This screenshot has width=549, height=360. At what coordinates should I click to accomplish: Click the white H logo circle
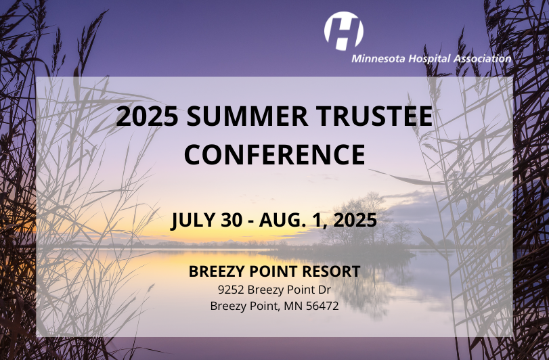click(x=343, y=30)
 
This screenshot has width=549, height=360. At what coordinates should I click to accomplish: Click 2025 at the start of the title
click(x=147, y=116)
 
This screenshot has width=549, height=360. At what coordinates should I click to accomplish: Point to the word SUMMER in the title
click(x=247, y=116)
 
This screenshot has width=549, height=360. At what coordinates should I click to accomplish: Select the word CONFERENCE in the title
click(x=275, y=154)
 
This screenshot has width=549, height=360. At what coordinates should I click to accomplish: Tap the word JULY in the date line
click(x=192, y=220)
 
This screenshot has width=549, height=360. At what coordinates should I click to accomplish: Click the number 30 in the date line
click(x=232, y=220)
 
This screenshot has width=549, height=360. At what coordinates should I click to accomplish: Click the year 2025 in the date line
click(x=355, y=220)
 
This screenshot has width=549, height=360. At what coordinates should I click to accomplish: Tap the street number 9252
click(x=231, y=290)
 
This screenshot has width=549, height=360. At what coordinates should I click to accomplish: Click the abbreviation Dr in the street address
click(x=324, y=290)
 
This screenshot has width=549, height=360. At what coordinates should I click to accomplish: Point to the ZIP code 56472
click(x=322, y=306)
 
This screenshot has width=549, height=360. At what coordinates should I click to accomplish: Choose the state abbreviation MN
click(x=293, y=306)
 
